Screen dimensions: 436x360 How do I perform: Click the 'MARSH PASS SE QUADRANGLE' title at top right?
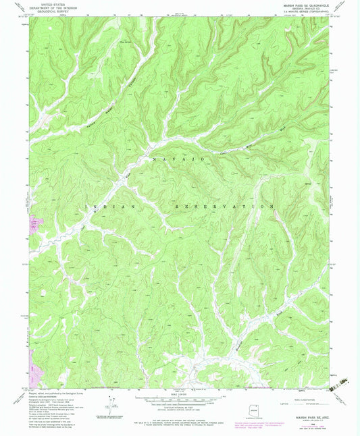[299, 7]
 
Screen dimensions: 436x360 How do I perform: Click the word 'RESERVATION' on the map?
[224, 205]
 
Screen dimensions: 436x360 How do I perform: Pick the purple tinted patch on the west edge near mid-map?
[34, 222]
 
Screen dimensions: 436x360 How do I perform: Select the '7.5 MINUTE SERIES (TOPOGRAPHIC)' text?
[307, 15]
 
